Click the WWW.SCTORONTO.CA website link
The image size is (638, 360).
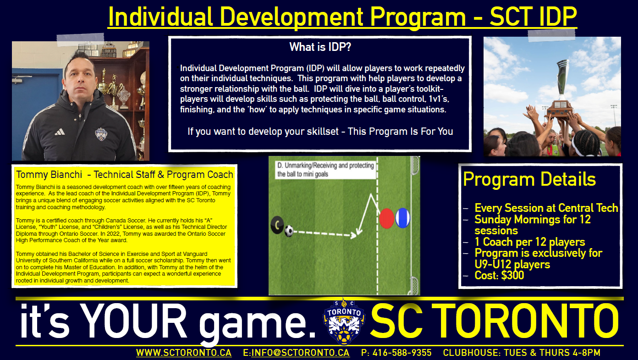tap(184, 353)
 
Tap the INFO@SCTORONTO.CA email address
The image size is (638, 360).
tap(300, 353)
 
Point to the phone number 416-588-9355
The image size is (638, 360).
tap(402, 353)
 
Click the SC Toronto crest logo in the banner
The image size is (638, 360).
tap(344, 321)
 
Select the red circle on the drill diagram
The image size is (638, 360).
tap(386, 218)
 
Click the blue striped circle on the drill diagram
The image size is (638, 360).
tap(402, 218)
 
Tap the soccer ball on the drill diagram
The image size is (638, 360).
tap(289, 231)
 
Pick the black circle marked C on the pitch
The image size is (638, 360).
tap(277, 225)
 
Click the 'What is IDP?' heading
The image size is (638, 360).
tap(320, 47)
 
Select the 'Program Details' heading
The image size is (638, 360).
tap(529, 179)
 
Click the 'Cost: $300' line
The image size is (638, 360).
tap(499, 275)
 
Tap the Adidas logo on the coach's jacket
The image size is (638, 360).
tap(60, 132)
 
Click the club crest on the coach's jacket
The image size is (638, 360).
tap(101, 134)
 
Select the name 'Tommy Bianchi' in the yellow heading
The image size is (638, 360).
tap(49, 174)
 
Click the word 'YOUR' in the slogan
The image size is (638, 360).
tap(133, 321)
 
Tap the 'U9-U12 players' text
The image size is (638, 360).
tap(512, 264)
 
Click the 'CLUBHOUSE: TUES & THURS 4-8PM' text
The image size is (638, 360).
tap(522, 353)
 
